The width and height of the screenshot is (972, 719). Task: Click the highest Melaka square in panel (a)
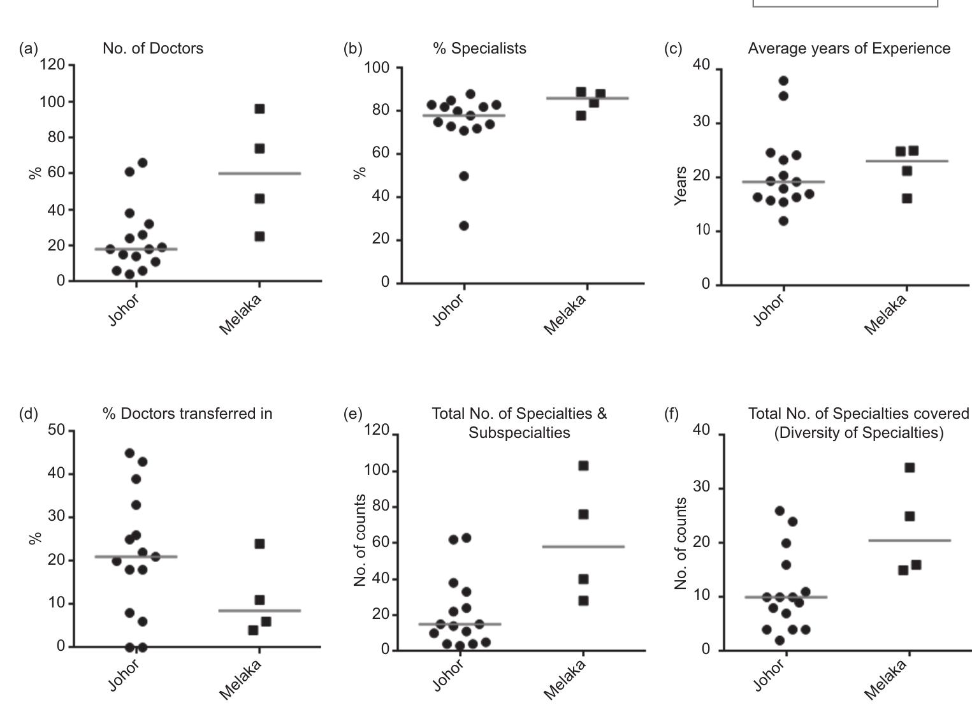pyautogui.click(x=259, y=109)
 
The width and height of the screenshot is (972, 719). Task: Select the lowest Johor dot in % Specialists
pyautogui.click(x=464, y=226)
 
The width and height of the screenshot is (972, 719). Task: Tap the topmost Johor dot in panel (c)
pyautogui.click(x=783, y=81)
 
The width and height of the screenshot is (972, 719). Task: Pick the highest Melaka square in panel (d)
pyautogui.click(x=259, y=544)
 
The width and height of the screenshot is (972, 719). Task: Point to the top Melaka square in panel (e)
pyautogui.click(x=583, y=466)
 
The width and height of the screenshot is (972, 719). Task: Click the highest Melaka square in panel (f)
pyautogui.click(x=910, y=468)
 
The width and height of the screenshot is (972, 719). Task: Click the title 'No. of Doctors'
pyautogui.click(x=153, y=48)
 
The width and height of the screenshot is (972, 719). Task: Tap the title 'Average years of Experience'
pyautogui.click(x=849, y=48)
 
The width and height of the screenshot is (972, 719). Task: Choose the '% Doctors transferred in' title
pyautogui.click(x=187, y=414)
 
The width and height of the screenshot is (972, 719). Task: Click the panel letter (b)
pyautogui.click(x=352, y=48)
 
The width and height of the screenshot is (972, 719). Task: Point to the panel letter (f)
pyautogui.click(x=671, y=414)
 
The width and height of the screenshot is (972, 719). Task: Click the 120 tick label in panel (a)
pyautogui.click(x=52, y=64)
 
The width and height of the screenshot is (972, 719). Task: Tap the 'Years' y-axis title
pyautogui.click(x=681, y=185)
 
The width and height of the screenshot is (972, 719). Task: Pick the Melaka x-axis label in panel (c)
pyautogui.click(x=885, y=314)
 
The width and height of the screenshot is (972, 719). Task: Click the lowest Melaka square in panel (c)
pyautogui.click(x=907, y=198)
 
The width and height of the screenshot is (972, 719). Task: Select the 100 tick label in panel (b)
pyautogui.click(x=377, y=68)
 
